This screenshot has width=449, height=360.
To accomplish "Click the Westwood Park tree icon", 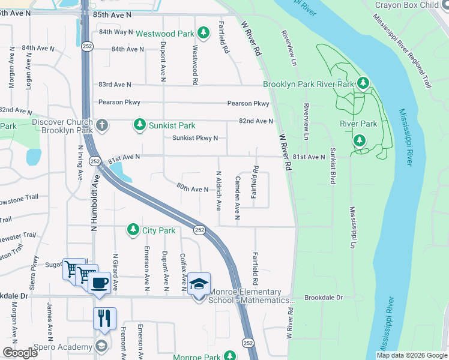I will [x=203, y=32].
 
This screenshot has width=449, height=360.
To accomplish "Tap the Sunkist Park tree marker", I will [x=140, y=125].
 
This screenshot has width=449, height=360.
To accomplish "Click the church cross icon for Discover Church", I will [x=102, y=125].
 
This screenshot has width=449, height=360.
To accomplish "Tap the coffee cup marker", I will [x=99, y=282].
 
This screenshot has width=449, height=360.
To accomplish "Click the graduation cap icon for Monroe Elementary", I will [x=199, y=283].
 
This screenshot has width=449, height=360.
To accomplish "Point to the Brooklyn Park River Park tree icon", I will [x=363, y=83].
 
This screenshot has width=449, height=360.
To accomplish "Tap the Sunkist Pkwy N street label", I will [x=195, y=138].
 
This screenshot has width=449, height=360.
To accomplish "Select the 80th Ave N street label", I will [x=192, y=189].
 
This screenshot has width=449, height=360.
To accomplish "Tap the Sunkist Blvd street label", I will [x=331, y=164].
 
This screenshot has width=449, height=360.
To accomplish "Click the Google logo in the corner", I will [x=20, y=352].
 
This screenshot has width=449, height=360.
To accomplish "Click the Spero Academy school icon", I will [x=101, y=345].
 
